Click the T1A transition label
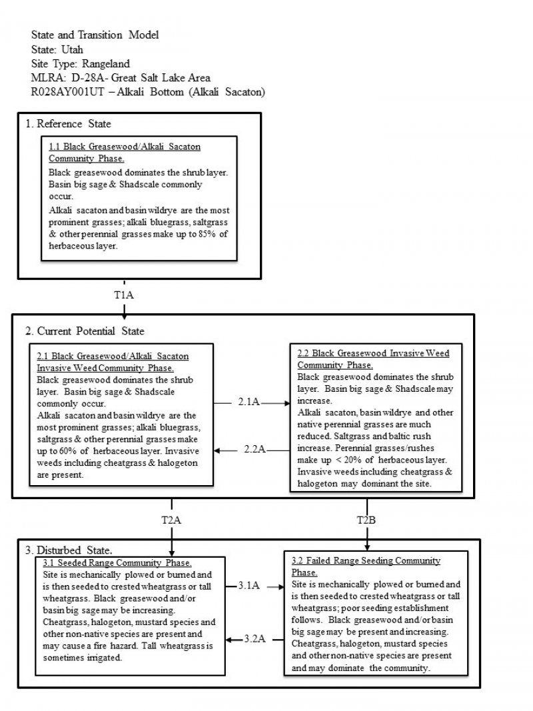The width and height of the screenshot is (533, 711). (x=125, y=294)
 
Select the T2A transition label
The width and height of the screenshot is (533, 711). (x=172, y=520)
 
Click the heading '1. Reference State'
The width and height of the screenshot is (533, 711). (x=68, y=124)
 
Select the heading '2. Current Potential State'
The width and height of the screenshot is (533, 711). (x=85, y=331)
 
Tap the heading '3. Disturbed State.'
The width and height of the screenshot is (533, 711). (x=69, y=550)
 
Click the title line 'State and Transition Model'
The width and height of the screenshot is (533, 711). (x=95, y=35)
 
